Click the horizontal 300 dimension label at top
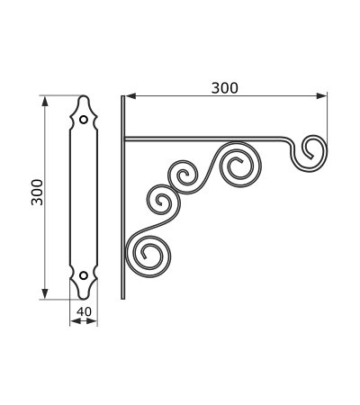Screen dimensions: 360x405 [x=225, y=88]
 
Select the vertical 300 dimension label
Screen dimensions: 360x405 [x=37, y=193]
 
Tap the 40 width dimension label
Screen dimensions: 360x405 [x=84, y=311]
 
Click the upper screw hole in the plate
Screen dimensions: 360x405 [x=84, y=120]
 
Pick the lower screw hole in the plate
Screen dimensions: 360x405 [x=84, y=275]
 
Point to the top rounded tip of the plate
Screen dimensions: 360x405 [x=84, y=96]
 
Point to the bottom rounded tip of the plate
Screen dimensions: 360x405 [x=84, y=299]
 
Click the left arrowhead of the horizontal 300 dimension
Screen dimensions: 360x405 [x=130, y=96]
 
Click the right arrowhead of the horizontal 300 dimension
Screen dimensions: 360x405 [x=321, y=96]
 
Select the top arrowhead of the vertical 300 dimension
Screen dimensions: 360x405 [x=45, y=102]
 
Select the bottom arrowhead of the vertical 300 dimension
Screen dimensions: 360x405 [x=45, y=293]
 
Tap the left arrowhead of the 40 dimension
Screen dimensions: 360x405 [x=76, y=321]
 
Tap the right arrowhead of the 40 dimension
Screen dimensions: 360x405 [x=92, y=321]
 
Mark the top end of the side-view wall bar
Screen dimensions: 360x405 [x=122, y=96]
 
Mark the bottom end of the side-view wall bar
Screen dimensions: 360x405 [x=122, y=299]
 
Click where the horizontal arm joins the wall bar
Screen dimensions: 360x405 [x=125, y=139]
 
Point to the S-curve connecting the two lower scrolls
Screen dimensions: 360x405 [x=156, y=226]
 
